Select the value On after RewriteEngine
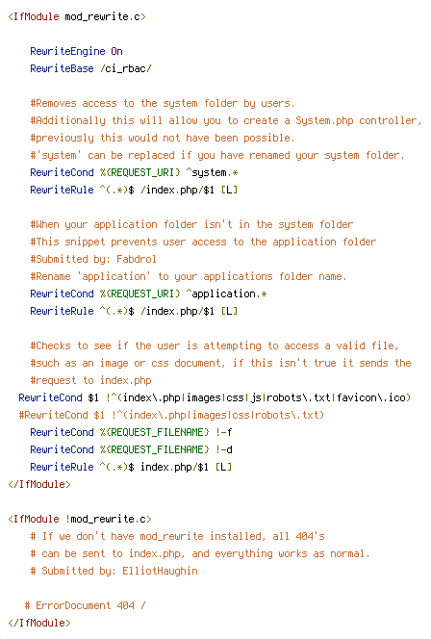click(117, 51)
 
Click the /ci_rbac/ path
click(126, 69)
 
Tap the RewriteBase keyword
click(62, 68)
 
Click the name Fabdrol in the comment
click(137, 259)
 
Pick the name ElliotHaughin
click(160, 571)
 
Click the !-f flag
click(223, 432)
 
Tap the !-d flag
click(223, 450)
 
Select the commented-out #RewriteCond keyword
click(53, 415)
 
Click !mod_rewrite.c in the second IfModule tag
click(106, 520)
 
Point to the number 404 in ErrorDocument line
click(125, 605)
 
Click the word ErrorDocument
click(73, 605)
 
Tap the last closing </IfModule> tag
click(39, 623)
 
